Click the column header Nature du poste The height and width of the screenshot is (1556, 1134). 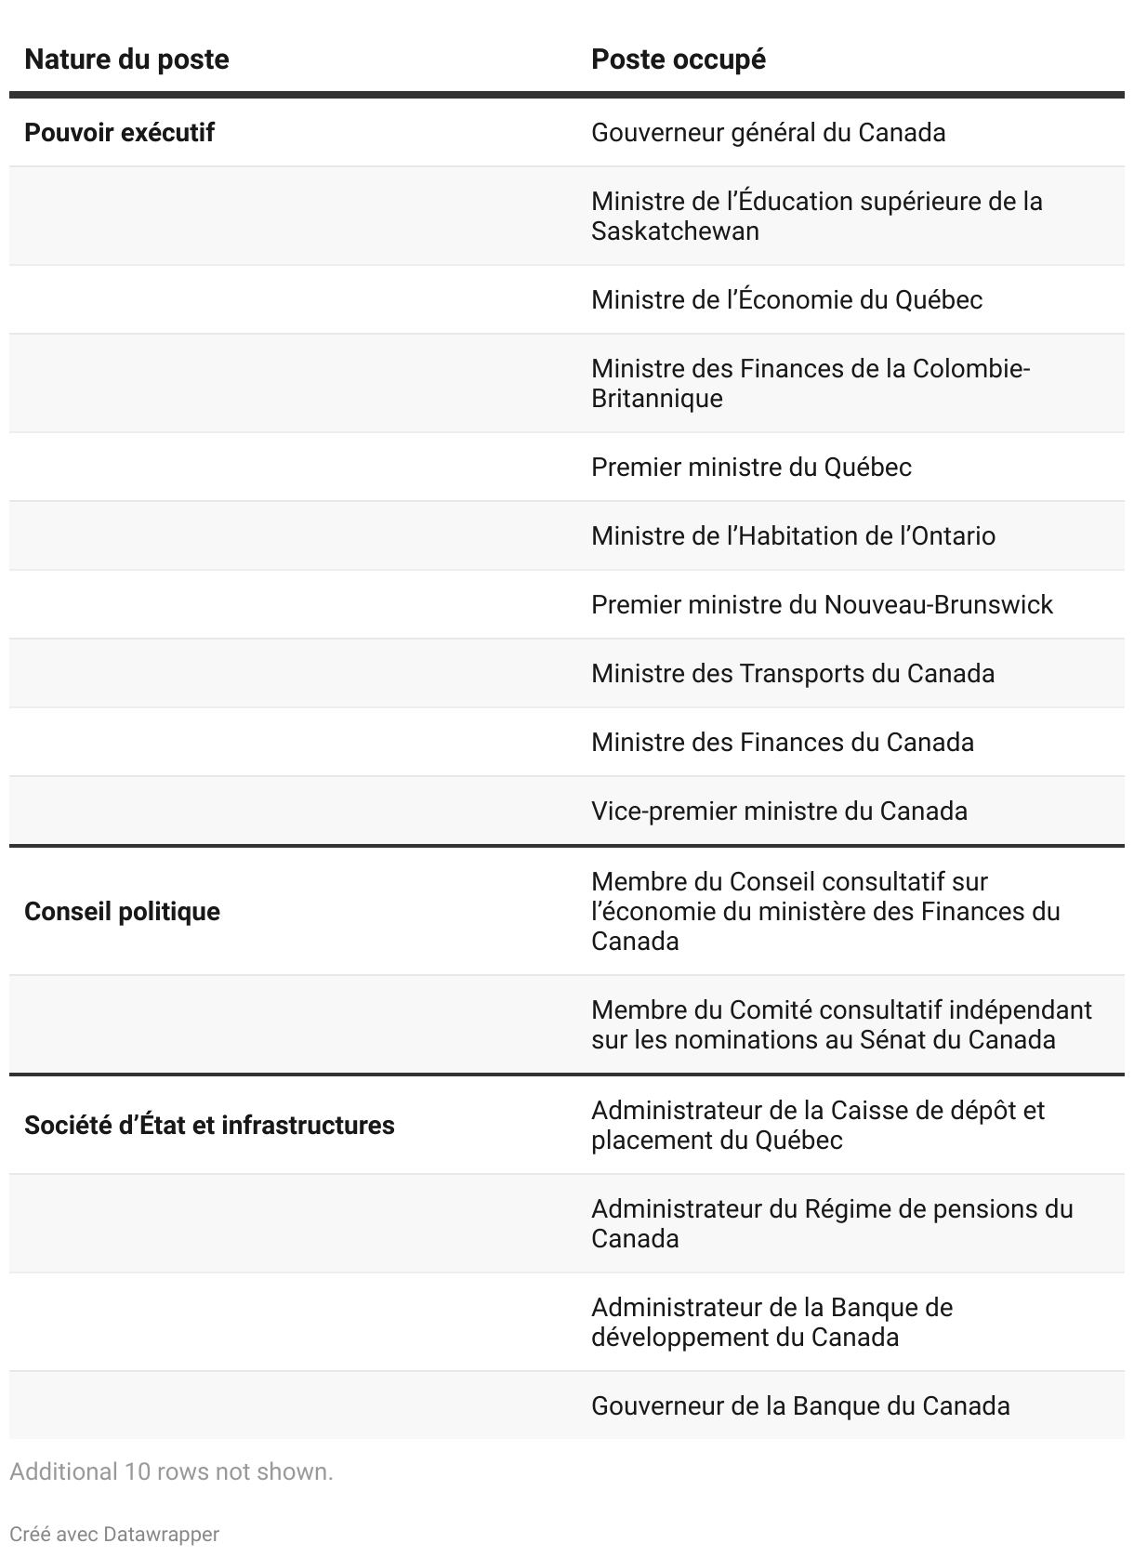click(126, 59)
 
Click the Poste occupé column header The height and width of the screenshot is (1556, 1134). click(679, 59)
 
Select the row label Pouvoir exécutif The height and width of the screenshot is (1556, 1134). click(119, 133)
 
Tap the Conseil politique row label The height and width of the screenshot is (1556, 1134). click(122, 912)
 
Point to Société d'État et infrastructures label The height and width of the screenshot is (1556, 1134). click(209, 1126)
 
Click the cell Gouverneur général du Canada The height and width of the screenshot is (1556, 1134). click(768, 133)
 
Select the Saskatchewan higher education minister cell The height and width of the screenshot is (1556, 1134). click(816, 217)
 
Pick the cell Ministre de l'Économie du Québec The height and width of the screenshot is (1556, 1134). click(786, 300)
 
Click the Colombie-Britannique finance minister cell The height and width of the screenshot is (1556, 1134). click(811, 384)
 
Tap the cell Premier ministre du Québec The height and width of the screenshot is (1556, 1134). click(751, 468)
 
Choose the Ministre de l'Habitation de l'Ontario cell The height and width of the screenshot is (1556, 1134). click(793, 536)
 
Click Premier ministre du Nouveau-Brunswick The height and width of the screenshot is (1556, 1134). click(822, 605)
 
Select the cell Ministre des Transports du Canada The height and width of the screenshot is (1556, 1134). click(792, 674)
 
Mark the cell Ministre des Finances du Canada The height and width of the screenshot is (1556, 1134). click(782, 743)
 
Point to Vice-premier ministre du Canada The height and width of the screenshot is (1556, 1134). click(779, 811)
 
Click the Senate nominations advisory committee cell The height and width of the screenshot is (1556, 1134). click(841, 1025)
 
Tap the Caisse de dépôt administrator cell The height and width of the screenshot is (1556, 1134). click(818, 1126)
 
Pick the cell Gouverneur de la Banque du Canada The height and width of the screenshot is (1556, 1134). click(800, 1406)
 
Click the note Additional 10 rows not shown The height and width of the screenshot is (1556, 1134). click(171, 1472)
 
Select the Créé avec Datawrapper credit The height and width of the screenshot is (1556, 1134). click(114, 1534)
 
